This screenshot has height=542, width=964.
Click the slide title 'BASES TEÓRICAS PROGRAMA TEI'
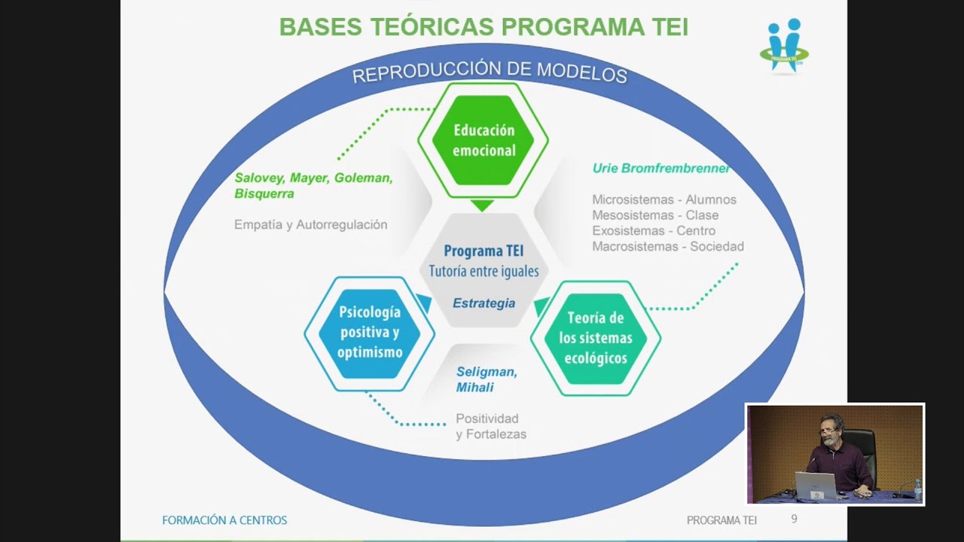tap(484, 27)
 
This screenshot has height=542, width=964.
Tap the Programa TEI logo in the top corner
tap(784, 46)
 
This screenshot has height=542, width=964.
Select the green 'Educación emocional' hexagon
tap(484, 141)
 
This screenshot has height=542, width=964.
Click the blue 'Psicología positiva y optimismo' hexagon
tap(369, 333)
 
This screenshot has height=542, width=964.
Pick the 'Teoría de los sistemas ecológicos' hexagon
tap(596, 338)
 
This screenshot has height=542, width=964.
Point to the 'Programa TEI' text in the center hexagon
tap(484, 251)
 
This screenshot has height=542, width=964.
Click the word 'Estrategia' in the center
tap(484, 303)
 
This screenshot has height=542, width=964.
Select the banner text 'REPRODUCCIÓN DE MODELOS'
tap(490, 72)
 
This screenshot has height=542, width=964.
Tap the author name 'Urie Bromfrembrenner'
tap(660, 169)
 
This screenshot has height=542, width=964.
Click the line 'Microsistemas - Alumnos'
tap(664, 199)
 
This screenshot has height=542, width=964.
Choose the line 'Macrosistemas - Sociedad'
tap(667, 246)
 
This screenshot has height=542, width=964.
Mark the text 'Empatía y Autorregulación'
tap(310, 224)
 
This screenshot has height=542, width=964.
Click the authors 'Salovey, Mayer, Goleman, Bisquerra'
tap(313, 186)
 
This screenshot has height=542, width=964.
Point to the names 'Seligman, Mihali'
tap(486, 379)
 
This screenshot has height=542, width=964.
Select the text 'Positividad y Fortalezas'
tap(490, 426)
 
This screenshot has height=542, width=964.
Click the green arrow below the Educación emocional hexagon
tap(482, 205)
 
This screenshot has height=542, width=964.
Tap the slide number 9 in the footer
tap(794, 519)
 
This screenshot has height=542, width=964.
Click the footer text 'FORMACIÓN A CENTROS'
tap(224, 520)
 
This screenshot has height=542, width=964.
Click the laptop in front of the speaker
tap(816, 486)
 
